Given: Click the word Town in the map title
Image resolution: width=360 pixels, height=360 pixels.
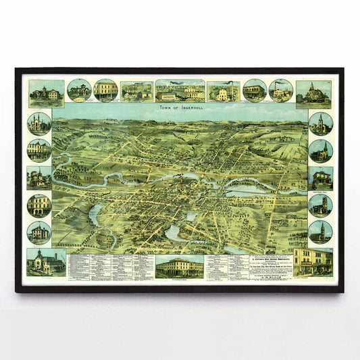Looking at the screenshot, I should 165,107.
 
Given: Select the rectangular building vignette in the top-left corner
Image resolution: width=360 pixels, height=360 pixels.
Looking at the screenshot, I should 47,93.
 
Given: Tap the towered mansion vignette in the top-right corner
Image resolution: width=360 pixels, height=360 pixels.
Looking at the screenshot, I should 313,93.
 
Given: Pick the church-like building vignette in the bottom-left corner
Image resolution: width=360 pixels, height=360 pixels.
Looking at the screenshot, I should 47,263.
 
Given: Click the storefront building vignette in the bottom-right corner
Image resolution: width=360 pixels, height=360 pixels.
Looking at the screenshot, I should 313,262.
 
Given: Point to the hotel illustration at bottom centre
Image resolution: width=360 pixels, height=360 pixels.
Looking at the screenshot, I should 179,267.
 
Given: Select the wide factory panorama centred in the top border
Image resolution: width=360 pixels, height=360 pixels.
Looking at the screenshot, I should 180,91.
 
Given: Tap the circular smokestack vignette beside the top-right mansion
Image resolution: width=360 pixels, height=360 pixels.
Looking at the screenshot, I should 280,91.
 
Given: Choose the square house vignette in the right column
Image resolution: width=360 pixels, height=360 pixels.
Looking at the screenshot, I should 320,178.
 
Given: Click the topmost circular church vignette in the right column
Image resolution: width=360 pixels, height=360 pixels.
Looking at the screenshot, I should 320,124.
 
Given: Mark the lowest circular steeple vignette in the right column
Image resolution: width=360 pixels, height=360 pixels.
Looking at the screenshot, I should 320,232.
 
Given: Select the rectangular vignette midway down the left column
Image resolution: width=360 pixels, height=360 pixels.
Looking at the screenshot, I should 39,178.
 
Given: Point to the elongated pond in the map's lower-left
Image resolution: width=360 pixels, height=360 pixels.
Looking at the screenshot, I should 94,214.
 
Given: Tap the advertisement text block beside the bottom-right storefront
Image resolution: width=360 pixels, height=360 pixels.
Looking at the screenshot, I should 258,267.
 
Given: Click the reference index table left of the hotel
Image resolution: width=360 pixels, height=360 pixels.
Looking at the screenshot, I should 111,267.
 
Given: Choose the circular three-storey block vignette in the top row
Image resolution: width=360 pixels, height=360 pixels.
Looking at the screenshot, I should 105,91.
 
